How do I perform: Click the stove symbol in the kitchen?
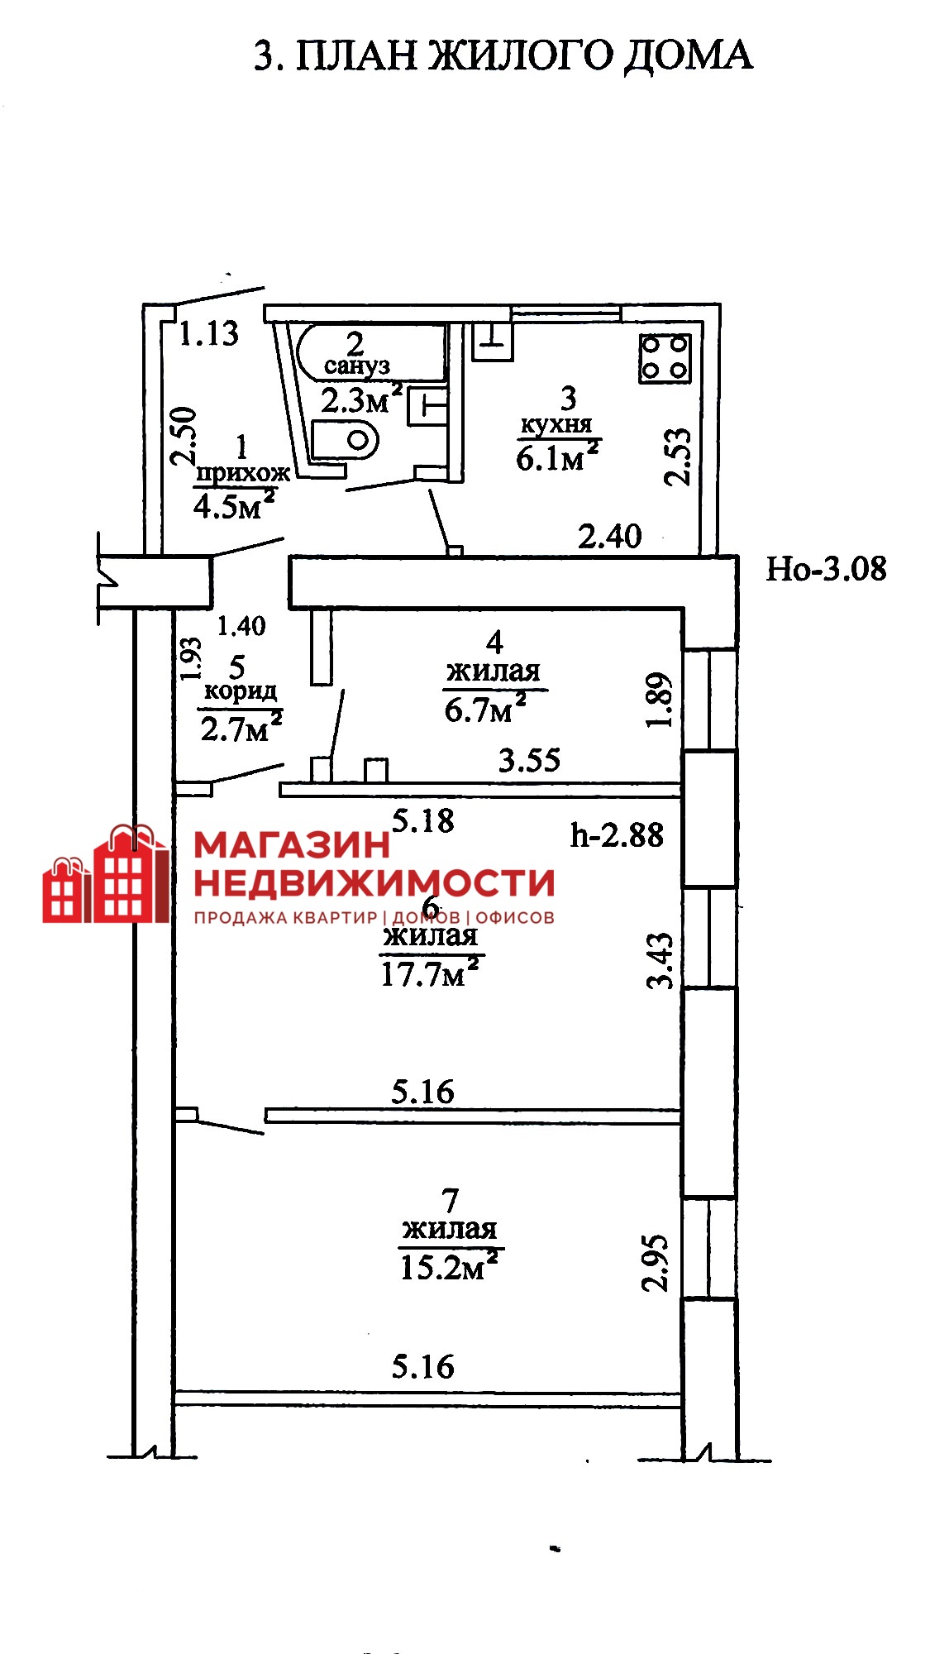(665, 357)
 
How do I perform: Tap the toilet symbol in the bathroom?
(346, 439)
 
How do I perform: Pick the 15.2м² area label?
(451, 1266)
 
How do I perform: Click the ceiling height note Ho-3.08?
(826, 569)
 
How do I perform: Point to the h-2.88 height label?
(617, 834)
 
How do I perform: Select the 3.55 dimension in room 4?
(529, 759)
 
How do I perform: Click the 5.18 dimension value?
(423, 820)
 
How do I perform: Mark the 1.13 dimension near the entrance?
(209, 333)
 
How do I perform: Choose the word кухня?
(556, 425)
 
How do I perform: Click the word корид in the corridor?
(241, 691)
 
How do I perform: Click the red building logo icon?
(106, 873)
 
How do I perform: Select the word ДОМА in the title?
(688, 56)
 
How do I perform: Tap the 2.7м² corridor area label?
(241, 729)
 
